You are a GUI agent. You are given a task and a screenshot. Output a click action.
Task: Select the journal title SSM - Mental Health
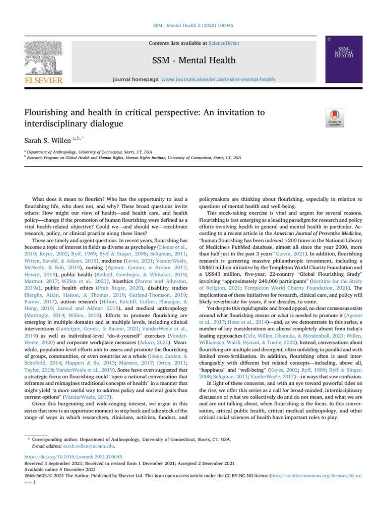193,61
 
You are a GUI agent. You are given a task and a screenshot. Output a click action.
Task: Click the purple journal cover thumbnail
344,59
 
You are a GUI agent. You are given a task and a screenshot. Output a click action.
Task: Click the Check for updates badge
336,117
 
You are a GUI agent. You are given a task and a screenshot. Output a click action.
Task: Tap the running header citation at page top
193,25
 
